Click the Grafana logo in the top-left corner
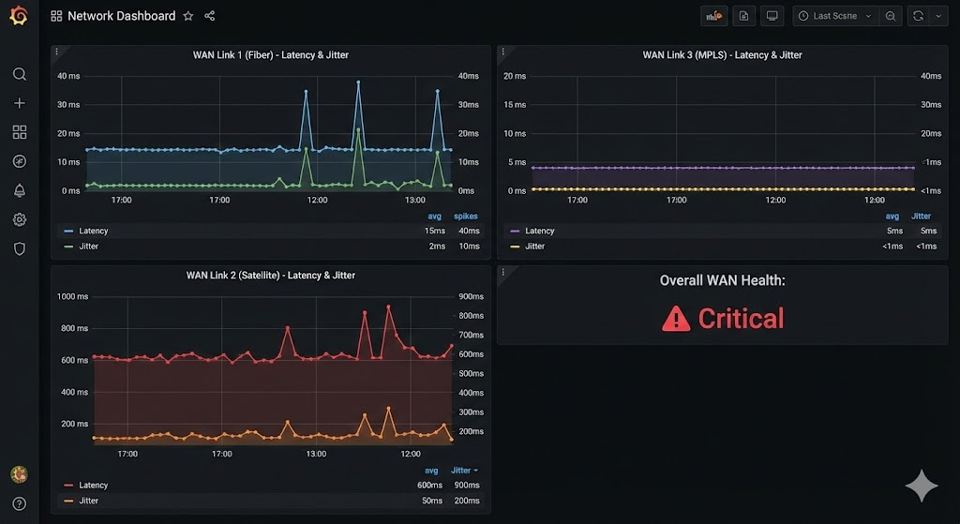[x=19, y=16]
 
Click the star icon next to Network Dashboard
[x=188, y=16]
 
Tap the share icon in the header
[x=210, y=16]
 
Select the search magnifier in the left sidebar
[x=19, y=74]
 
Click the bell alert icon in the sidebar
[x=19, y=190]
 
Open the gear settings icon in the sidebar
[x=19, y=219]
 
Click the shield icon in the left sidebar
[x=19, y=248]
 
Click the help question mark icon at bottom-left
[x=19, y=503]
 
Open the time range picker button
[x=833, y=16]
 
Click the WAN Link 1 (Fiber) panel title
[x=270, y=55]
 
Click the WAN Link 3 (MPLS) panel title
[x=722, y=55]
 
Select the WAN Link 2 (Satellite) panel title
[x=270, y=276]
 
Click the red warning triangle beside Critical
[x=675, y=320]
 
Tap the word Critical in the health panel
[x=741, y=319]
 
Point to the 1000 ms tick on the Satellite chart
[x=72, y=296]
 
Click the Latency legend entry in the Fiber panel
[x=93, y=231]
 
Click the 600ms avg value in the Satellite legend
[x=430, y=486]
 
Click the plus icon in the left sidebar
[x=19, y=103]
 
